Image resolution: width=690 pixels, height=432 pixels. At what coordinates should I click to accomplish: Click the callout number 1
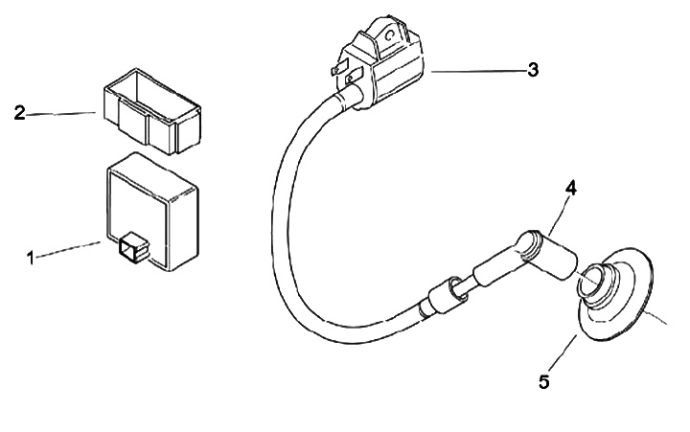coord(31,257)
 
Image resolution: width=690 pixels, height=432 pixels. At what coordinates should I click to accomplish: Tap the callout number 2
coord(18,113)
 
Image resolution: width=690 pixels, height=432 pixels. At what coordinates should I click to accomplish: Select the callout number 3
coord(532,70)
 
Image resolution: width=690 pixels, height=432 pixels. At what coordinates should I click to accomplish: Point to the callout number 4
coord(570,190)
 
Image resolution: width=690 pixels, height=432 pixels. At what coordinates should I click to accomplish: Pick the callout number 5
coord(543,381)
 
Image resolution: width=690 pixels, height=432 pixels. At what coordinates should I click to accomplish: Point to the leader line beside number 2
coord(62,113)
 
